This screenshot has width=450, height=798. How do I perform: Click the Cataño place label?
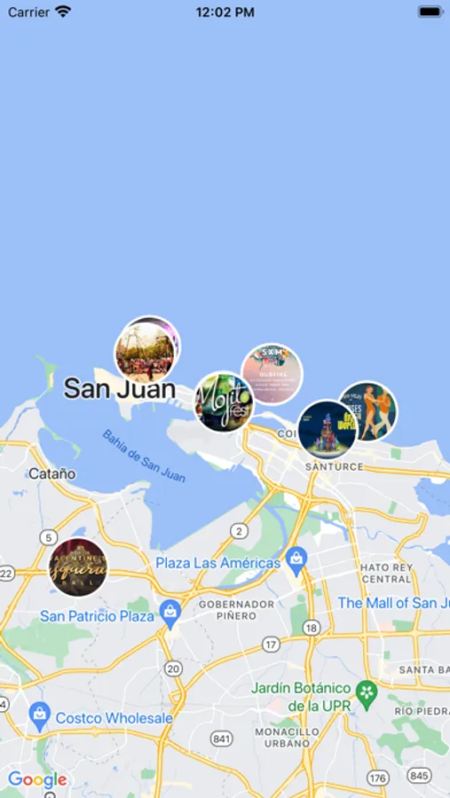coord(51,473)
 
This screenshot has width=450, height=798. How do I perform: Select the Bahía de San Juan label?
coord(144,456)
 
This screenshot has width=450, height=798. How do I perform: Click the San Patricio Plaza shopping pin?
coord(170,612)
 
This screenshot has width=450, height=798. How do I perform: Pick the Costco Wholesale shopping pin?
coord(39,714)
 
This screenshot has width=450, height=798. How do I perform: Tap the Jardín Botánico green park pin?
coord(366,690)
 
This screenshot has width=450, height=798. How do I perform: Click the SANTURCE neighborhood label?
coord(334,466)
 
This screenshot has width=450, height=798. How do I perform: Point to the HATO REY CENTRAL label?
coord(386,573)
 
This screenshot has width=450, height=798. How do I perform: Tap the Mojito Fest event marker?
coord(224,401)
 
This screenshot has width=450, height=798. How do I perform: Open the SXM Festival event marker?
coord(272,373)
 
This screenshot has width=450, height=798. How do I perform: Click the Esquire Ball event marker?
coord(78,567)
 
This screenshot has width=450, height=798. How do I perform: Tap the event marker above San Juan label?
coord(147,349)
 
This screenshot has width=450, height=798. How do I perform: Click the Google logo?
coord(37,780)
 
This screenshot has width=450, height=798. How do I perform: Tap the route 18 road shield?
coord(310,627)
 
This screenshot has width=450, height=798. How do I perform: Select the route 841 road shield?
coord(222,739)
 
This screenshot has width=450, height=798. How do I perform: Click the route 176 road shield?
coord(378,778)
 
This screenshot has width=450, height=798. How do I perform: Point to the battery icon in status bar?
coord(430,12)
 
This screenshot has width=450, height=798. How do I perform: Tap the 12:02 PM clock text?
coord(225,12)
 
